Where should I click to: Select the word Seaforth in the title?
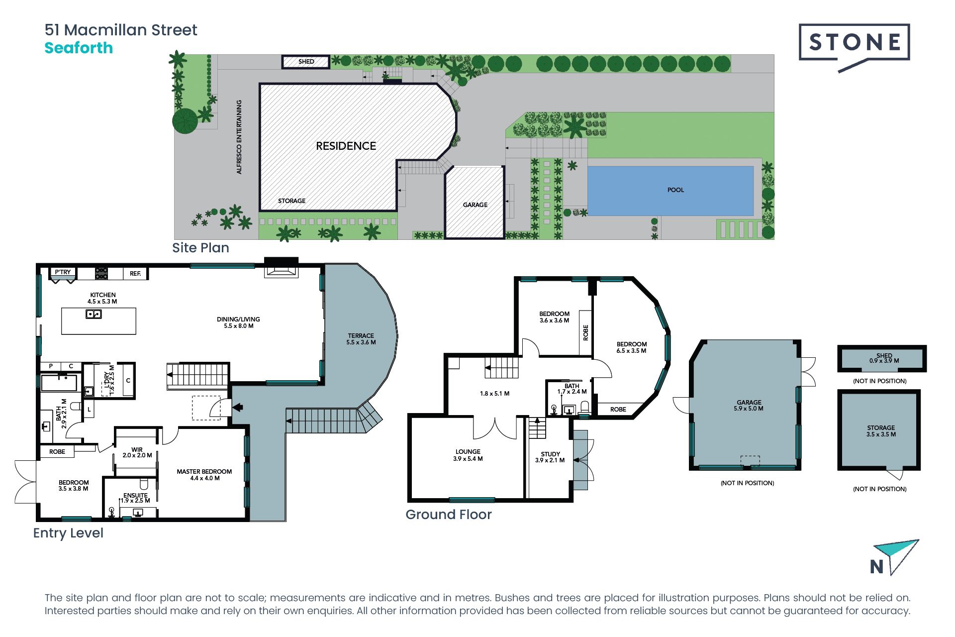point(79,48)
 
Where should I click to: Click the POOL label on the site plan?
point(675,190)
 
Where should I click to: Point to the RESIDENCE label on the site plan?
point(346,146)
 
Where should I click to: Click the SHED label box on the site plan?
point(306,62)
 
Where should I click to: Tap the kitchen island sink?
point(94,314)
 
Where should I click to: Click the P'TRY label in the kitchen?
point(63,272)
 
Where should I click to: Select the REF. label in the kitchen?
point(135,274)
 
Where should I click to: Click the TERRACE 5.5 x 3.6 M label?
point(361,339)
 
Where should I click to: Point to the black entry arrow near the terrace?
point(238,407)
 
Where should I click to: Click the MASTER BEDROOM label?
point(204,475)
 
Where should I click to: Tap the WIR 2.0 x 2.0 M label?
point(137,452)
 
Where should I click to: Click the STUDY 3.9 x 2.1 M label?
point(550,457)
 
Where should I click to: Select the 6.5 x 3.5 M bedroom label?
point(632,347)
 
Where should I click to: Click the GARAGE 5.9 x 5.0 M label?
point(749,406)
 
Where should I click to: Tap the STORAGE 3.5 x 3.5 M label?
point(881,431)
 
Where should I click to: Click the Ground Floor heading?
point(449,515)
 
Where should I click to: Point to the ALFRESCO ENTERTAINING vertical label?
point(239,137)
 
